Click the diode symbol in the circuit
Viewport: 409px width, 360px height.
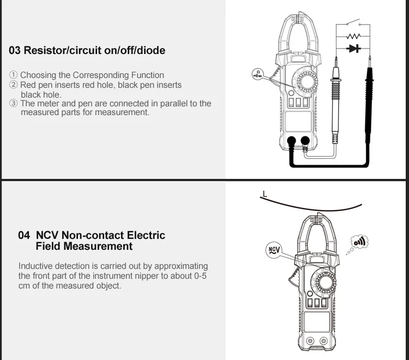354,49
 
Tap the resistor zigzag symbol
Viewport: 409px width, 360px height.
354,35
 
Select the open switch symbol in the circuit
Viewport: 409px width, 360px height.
354,23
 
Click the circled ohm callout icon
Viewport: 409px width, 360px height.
257,74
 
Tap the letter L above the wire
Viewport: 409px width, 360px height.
264,193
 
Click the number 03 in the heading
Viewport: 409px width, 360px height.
15,51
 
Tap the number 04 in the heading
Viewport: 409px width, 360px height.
24,236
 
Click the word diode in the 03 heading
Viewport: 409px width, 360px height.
151,51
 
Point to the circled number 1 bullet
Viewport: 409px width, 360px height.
14,75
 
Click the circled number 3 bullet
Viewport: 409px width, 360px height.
14,104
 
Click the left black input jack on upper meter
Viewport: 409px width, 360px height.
291,141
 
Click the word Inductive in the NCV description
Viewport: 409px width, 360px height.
36,266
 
